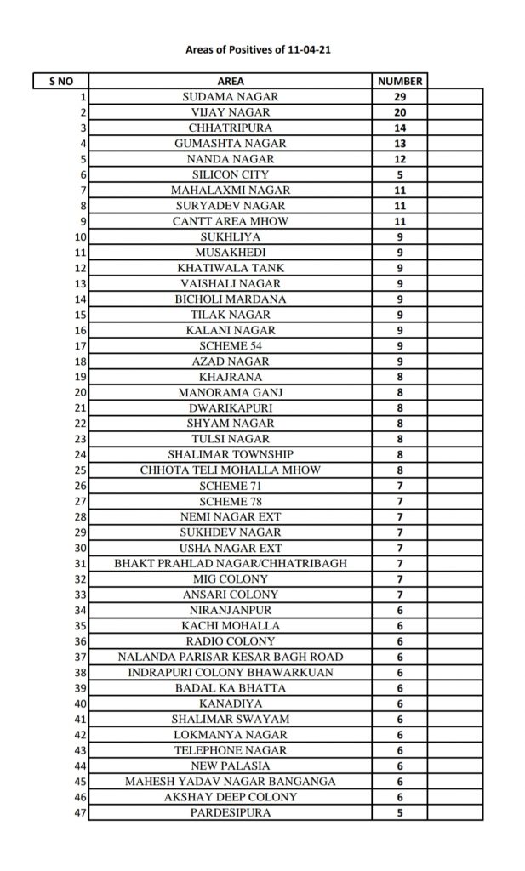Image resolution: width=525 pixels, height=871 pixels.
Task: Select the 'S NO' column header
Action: tap(60, 82)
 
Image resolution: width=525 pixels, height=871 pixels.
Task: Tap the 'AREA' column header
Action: tap(231, 82)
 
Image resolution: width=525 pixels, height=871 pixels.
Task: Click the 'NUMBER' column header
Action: tap(400, 82)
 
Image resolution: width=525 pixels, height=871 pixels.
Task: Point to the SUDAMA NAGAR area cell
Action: tap(231, 97)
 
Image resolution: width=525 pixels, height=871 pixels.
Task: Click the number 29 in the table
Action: tap(400, 97)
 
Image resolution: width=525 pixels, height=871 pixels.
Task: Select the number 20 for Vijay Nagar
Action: tap(400, 112)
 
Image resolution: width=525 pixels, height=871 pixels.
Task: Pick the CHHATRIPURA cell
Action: tap(231, 128)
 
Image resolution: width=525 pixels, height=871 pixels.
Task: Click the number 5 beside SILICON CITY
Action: tap(400, 174)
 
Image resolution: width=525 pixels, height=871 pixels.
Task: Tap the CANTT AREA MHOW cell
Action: tap(231, 221)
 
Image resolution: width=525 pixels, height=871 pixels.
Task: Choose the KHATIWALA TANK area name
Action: tap(231, 268)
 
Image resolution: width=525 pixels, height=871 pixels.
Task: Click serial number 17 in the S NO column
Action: tap(82, 345)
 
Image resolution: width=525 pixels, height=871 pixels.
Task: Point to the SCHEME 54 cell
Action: tap(231, 345)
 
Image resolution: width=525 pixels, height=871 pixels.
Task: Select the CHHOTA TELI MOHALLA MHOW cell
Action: tap(231, 470)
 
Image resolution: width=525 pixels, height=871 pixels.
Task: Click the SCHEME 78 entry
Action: tap(231, 501)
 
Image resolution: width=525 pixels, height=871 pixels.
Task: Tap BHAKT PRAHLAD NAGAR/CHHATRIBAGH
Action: tap(231, 563)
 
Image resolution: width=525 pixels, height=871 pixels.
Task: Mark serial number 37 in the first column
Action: tap(82, 657)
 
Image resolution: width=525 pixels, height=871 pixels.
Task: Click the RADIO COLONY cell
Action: tap(231, 641)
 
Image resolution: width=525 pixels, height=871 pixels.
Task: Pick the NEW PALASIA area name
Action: tap(231, 766)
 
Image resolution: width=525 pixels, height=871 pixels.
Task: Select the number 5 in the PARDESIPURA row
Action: tap(400, 812)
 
